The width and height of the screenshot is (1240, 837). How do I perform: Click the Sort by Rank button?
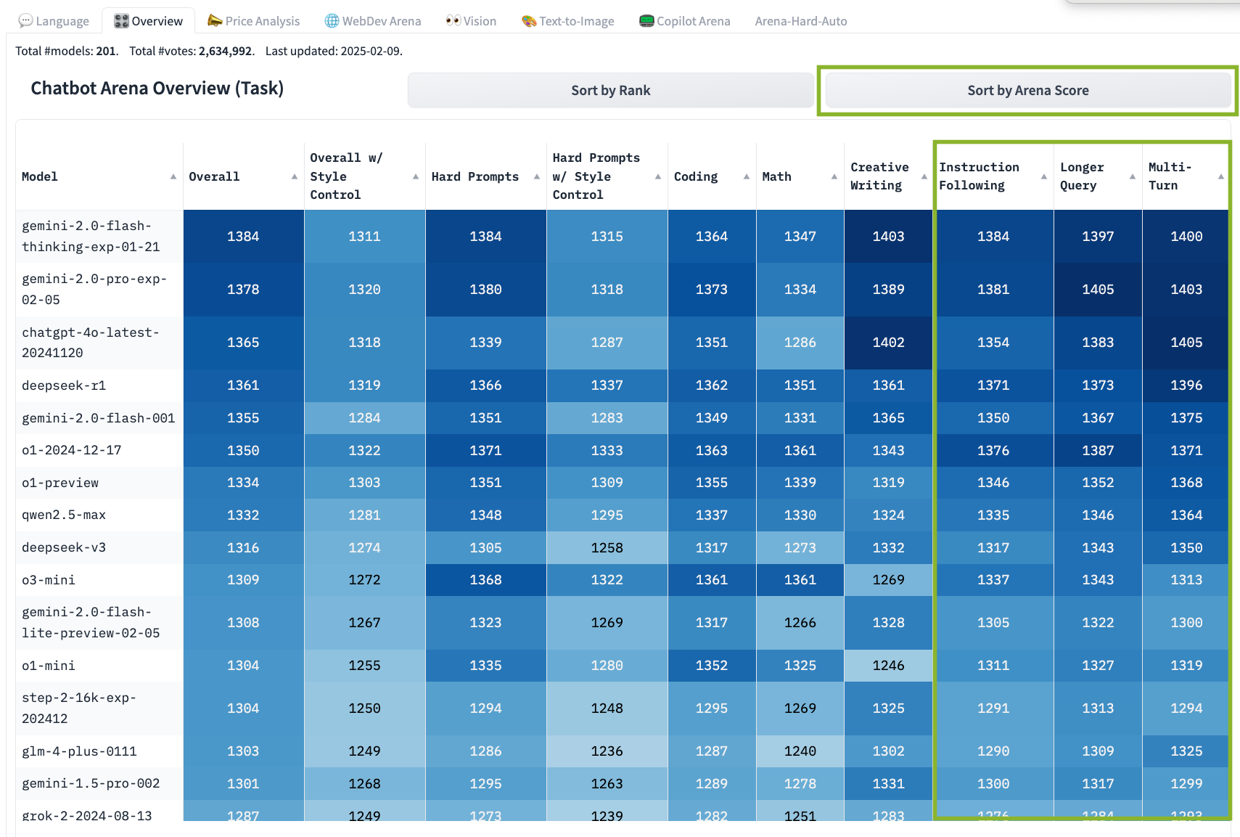coord(610,91)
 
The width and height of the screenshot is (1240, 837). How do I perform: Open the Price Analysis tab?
coord(254,21)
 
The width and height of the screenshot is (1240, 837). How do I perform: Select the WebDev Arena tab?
coord(373,21)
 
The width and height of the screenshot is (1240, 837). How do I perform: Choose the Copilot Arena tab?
coord(685,21)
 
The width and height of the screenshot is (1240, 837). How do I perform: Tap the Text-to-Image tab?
coord(568,21)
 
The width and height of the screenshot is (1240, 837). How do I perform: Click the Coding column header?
coord(696,176)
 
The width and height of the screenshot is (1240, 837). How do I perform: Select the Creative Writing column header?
coord(879,176)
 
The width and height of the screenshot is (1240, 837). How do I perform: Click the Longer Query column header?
coord(1082,176)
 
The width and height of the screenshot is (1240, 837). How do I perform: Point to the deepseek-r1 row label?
coord(64,385)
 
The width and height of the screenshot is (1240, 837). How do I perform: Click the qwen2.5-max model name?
coord(64,515)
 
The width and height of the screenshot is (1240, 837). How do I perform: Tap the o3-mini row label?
coord(49,580)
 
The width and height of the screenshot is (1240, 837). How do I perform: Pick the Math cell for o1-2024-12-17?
coord(800,450)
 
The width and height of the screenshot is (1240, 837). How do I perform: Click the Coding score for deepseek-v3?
coord(711,547)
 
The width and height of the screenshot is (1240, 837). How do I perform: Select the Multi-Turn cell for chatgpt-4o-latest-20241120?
coord(1186,342)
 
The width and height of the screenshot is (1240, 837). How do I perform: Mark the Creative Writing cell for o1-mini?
coord(888,665)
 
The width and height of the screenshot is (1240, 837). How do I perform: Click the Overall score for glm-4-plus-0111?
coord(243,751)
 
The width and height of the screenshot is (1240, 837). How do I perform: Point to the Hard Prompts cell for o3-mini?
coord(485,580)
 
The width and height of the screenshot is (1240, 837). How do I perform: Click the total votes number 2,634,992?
coord(225,51)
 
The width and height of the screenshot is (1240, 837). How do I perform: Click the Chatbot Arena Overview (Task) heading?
coord(157,89)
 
